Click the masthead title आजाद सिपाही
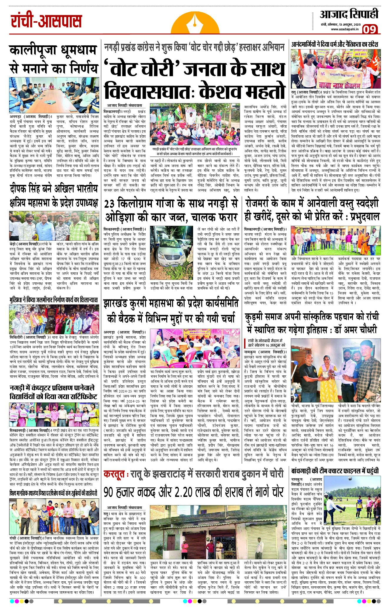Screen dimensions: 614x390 point(349,14)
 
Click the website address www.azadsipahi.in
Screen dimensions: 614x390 point(345,29)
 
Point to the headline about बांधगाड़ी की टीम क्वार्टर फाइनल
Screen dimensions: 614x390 point(335,471)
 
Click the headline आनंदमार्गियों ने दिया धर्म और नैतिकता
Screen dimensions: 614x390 point(335,44)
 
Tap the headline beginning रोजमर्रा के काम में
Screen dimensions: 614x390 point(311,210)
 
